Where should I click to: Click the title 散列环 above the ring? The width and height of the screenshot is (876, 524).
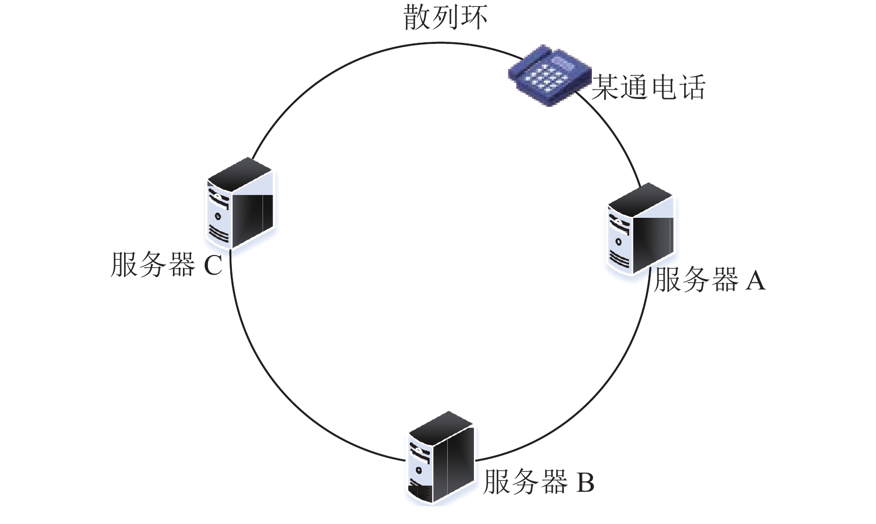click(446, 17)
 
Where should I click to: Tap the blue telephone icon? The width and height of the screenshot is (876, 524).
click(549, 75)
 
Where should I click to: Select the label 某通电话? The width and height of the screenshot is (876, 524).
click(649, 87)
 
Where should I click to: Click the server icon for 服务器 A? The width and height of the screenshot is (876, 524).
click(641, 229)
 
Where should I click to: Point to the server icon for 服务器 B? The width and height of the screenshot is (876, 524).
click(441, 458)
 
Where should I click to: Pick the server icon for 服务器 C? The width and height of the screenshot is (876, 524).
click(240, 203)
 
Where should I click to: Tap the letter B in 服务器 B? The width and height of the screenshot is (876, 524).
click(586, 482)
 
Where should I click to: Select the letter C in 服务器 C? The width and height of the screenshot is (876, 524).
click(213, 265)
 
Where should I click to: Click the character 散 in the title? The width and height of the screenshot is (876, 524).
click(417, 17)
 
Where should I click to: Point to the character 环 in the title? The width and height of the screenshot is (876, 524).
click(474, 17)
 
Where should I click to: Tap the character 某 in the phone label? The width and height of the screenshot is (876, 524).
click(606, 87)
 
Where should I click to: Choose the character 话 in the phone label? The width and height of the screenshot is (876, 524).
click(692, 87)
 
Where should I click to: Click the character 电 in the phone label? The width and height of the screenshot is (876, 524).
click(663, 87)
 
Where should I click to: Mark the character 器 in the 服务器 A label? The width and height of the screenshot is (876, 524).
click(725, 280)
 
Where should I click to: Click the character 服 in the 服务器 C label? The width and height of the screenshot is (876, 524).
click(125, 265)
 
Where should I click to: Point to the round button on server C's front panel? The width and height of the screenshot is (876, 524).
click(218, 216)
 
